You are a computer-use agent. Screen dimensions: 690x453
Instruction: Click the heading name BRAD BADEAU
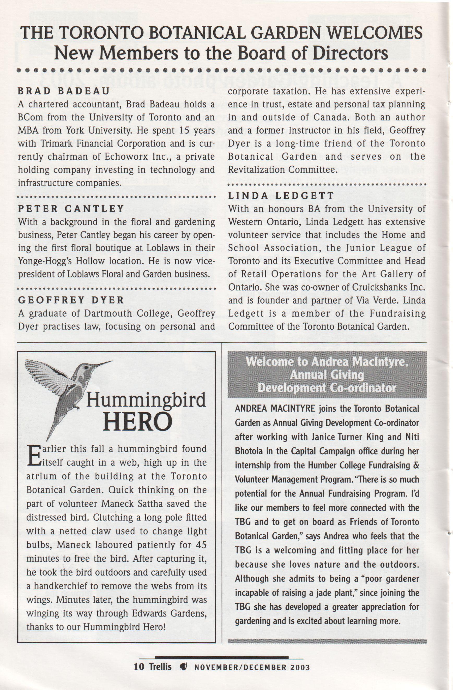click(64, 91)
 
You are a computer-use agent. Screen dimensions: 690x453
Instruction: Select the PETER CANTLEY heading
click(71, 209)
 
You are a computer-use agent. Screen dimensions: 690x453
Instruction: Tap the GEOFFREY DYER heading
click(71, 300)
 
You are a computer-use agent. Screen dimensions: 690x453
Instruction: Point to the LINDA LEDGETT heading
click(281, 196)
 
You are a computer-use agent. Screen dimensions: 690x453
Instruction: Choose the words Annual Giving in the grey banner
click(327, 375)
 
